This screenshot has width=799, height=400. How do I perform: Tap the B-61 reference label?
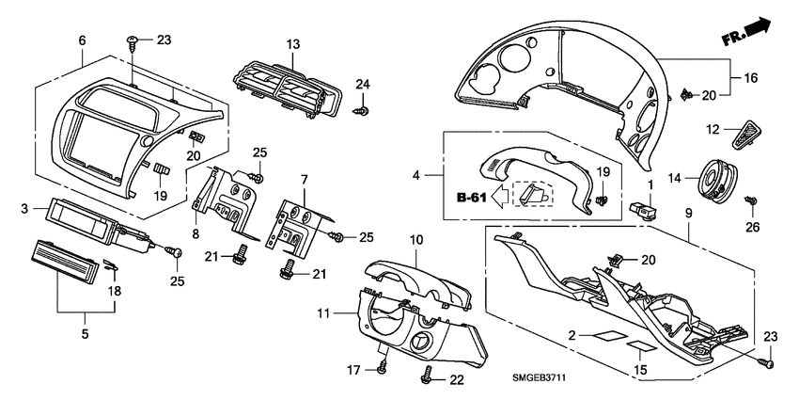pyautogui.click(x=473, y=199)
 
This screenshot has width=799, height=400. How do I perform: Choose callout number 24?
pyautogui.click(x=362, y=86)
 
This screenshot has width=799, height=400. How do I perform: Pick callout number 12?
pyautogui.click(x=713, y=129)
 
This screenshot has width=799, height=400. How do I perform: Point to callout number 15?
pyautogui.click(x=641, y=371)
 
